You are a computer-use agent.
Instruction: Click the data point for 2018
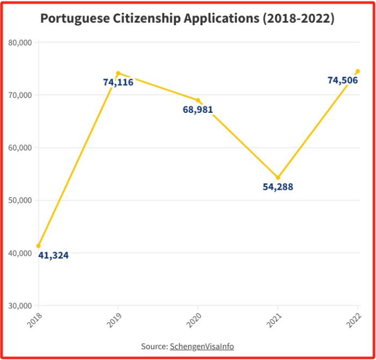[38, 246]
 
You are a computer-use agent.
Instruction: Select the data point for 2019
[118, 73]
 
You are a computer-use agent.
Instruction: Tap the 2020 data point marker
[198, 100]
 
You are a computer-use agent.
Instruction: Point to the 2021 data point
[278, 177]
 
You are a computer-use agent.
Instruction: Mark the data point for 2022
[358, 71]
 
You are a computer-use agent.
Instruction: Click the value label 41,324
[53, 255]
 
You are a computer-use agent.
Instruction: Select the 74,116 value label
[118, 82]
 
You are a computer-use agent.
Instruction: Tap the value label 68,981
[198, 110]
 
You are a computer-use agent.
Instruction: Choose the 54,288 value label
[278, 187]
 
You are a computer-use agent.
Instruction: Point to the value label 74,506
[343, 80]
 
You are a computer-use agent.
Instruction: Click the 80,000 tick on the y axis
[21, 42]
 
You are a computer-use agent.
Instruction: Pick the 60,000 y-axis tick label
[21, 148]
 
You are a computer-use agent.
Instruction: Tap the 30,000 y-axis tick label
[21, 306]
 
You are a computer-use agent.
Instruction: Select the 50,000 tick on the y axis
[21, 200]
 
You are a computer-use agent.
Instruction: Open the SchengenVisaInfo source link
[202, 347]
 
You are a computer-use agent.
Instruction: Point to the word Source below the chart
[154, 347]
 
